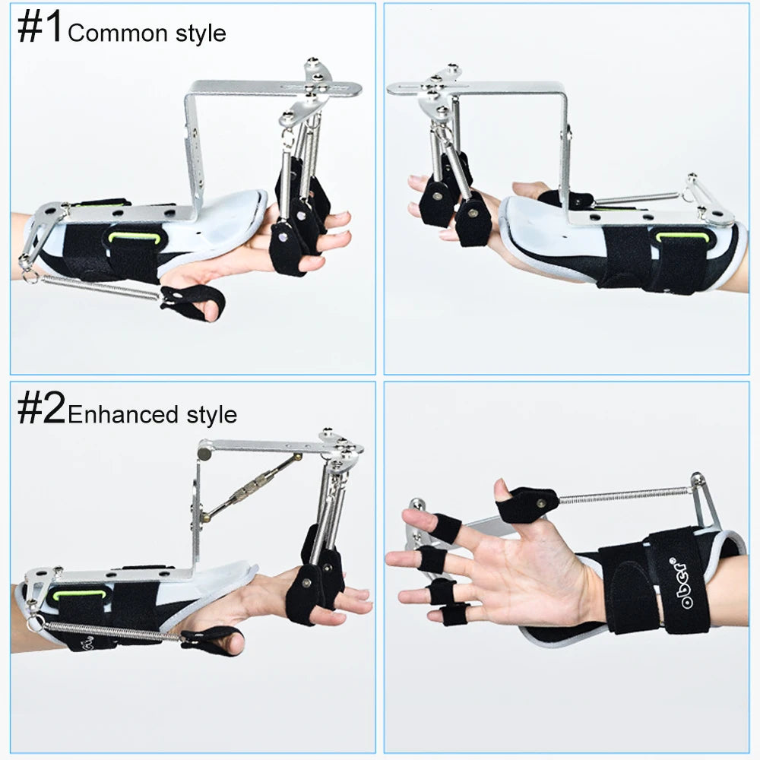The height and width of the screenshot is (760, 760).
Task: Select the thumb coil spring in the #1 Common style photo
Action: [x=99, y=288]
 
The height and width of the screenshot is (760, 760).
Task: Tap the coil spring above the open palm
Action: [x=623, y=496]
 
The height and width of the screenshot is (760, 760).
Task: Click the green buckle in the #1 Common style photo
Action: [x=135, y=237]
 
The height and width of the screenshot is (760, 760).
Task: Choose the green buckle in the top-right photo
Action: [x=682, y=237]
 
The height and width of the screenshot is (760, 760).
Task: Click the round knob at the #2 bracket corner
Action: [x=204, y=452]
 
